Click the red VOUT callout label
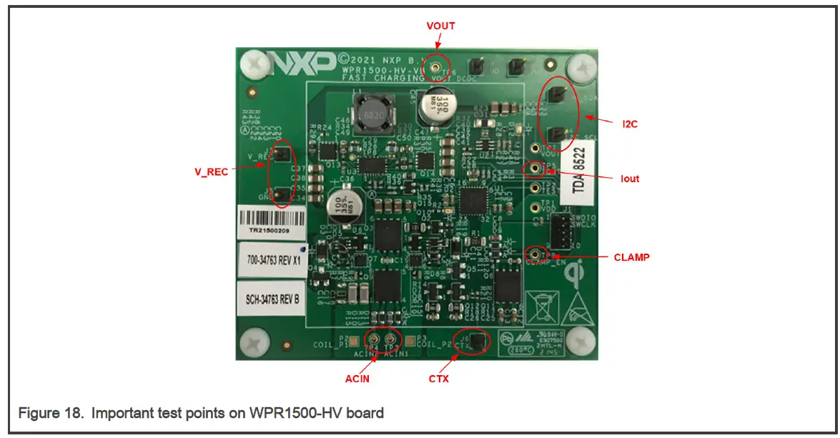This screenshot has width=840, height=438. pyautogui.click(x=440, y=26)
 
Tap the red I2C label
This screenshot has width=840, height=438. pyautogui.click(x=629, y=124)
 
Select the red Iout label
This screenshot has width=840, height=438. pyautogui.click(x=630, y=179)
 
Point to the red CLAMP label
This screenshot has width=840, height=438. pyautogui.click(x=632, y=257)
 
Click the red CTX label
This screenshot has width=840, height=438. pyautogui.click(x=438, y=379)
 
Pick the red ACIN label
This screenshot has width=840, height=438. pyautogui.click(x=357, y=379)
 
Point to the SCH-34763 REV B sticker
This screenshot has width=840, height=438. pyautogui.click(x=272, y=299)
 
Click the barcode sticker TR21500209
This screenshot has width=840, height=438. pyautogui.click(x=272, y=222)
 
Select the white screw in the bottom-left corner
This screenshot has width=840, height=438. pyautogui.click(x=255, y=343)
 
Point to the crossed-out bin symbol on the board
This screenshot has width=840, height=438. pyautogui.click(x=540, y=304)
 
